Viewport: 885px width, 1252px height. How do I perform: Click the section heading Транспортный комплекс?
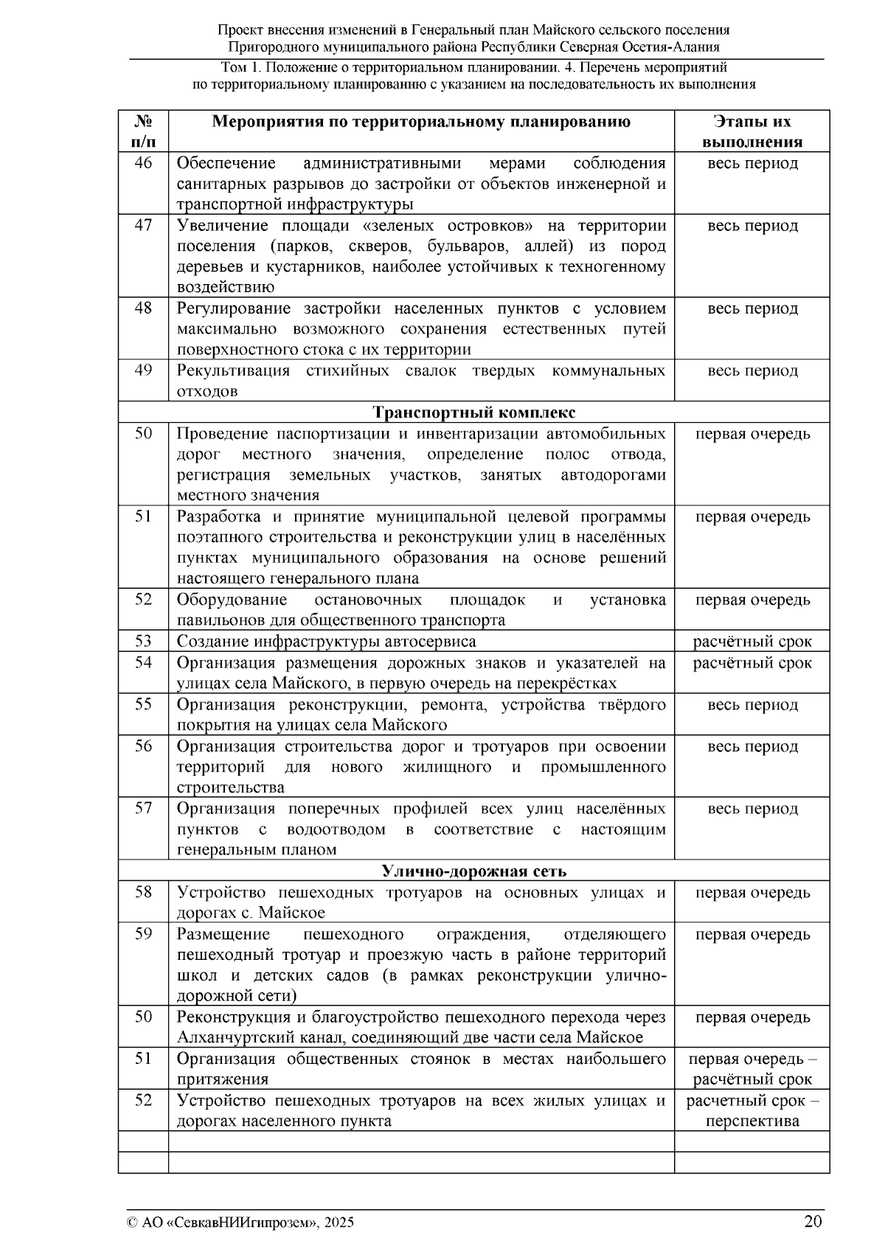(473, 412)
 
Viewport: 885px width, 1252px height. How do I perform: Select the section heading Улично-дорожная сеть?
(473, 871)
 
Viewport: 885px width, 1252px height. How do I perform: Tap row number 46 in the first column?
(143, 163)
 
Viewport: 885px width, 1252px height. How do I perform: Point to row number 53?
(143, 641)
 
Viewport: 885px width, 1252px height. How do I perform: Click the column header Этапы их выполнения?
(752, 131)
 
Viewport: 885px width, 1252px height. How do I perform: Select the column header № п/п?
(143, 131)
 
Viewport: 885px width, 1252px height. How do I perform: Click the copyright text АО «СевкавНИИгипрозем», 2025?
(240, 1222)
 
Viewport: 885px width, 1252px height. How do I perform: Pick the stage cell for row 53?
(752, 641)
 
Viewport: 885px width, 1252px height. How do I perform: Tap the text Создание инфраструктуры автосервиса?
(326, 641)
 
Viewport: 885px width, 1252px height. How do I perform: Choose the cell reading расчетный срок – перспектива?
(752, 1111)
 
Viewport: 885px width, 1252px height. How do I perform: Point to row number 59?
(143, 934)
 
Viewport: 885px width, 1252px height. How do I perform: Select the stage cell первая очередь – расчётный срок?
(752, 1069)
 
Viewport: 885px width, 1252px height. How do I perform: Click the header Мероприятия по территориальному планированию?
(421, 122)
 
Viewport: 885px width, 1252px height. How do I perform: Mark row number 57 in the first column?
(143, 809)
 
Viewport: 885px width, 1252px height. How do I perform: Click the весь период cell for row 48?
(752, 308)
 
